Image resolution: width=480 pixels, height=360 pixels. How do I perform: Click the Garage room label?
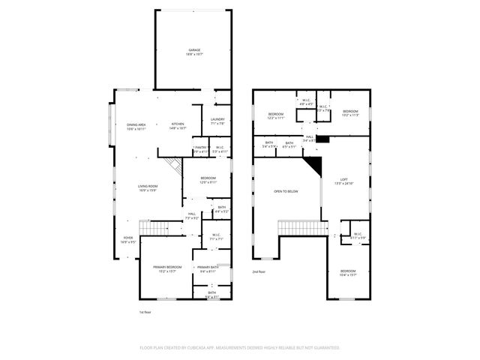(193, 52)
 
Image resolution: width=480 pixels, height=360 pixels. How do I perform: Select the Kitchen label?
(178, 126)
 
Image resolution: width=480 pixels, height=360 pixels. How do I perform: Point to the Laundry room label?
(217, 121)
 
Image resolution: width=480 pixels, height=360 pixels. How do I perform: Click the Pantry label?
(200, 149)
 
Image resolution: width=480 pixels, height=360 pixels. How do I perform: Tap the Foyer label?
(129, 240)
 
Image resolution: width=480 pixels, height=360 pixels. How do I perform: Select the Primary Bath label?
(207, 269)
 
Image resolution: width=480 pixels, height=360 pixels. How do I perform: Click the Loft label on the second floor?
(344, 181)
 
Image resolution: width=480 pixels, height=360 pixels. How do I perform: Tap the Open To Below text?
(286, 192)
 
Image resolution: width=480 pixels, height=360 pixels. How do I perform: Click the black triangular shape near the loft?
(313, 166)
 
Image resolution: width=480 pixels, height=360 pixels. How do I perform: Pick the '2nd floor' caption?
(259, 271)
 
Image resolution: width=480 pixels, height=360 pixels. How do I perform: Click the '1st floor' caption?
(145, 311)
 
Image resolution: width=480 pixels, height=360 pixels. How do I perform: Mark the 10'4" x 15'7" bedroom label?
(348, 272)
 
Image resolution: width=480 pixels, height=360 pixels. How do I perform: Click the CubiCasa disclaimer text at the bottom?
(240, 347)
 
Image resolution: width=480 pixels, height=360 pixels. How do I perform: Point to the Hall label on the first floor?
(191, 216)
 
